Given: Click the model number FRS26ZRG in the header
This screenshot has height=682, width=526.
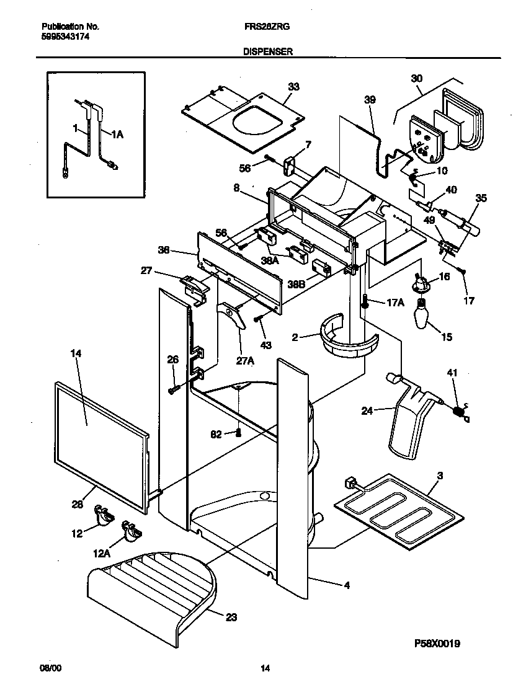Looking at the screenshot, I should point(267,27).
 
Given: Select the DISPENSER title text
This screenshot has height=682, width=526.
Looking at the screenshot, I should point(268,53).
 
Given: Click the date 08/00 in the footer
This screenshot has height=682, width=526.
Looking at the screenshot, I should point(50,668).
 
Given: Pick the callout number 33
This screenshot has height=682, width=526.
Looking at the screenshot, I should point(293,87).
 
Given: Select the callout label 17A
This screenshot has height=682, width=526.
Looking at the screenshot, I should point(395,303).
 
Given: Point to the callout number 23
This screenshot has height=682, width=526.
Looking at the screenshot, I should point(230,618).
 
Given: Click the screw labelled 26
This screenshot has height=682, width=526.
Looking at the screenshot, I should point(174,389).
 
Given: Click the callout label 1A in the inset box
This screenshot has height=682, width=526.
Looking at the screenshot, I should point(117,132).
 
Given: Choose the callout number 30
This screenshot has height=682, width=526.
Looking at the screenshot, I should point(416,78).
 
